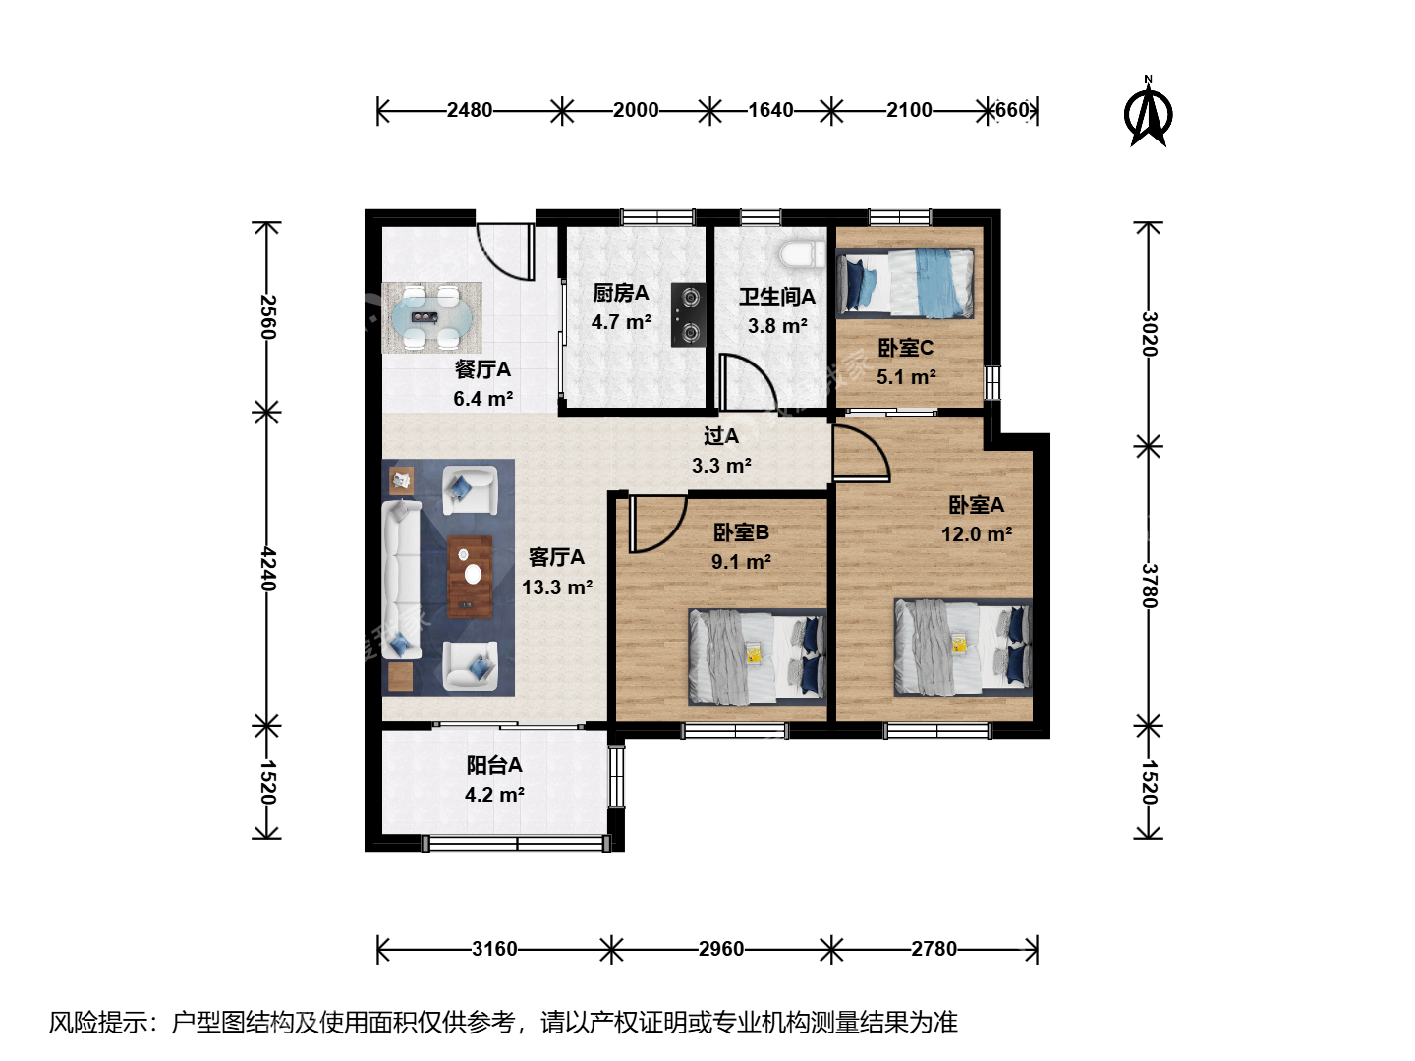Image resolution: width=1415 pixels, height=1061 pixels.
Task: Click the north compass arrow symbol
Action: [1148, 113]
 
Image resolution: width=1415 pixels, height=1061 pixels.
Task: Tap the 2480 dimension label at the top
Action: [470, 110]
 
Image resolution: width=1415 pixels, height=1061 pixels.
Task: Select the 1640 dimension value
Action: [770, 110]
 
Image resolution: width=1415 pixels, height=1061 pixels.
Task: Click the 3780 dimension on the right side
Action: [1150, 586]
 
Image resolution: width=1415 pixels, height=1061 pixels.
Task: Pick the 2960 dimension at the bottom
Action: [721, 948]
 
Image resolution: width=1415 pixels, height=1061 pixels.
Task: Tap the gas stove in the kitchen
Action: [688, 315]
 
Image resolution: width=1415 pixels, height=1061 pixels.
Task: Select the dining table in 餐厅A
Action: [432, 317]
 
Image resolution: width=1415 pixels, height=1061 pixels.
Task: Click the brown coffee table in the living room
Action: [470, 577]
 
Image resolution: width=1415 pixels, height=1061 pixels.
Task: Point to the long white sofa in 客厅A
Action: [401, 580]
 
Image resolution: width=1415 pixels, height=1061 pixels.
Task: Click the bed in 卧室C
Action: [904, 284]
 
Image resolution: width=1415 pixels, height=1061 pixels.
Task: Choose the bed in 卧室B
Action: [757, 656]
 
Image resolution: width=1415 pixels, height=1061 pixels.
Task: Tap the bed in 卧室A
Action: [962, 646]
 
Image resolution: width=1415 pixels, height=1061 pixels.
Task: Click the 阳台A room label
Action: [494, 765]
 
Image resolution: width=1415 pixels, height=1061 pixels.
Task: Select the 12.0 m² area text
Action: [977, 534]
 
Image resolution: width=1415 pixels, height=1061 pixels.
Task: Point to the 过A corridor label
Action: [720, 436]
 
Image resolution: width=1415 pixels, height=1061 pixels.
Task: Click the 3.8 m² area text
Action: [777, 326]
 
